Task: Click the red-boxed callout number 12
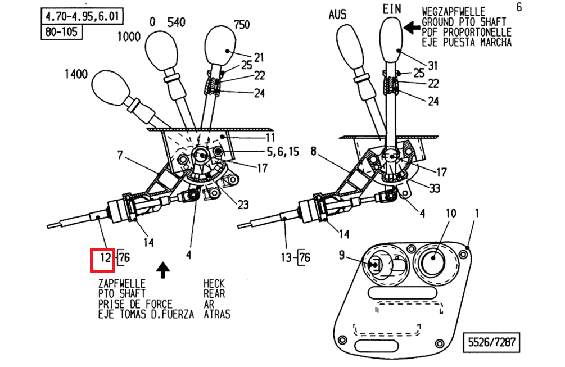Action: point(103,258)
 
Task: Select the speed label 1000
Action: point(130,38)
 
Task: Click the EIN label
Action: point(393,9)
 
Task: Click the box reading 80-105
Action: point(62,31)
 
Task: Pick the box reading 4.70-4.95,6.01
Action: point(82,16)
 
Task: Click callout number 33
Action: point(434,189)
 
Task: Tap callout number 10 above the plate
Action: point(451,213)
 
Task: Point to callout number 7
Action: point(120,155)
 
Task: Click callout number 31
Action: point(432,65)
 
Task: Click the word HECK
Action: point(215,284)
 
